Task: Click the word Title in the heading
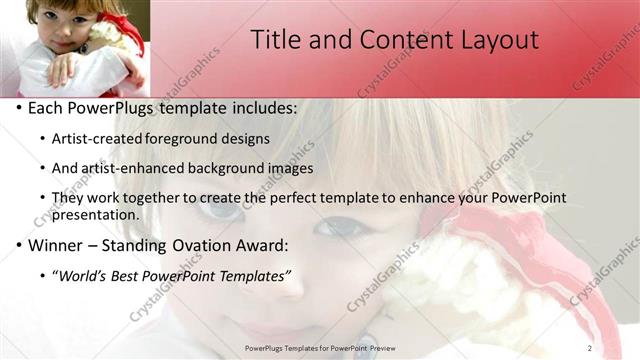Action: coord(275,40)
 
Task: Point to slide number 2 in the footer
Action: coord(589,347)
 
